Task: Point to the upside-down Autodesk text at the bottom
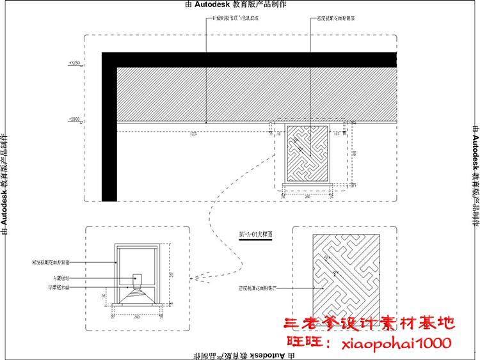pyautogui.click(x=239, y=354)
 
